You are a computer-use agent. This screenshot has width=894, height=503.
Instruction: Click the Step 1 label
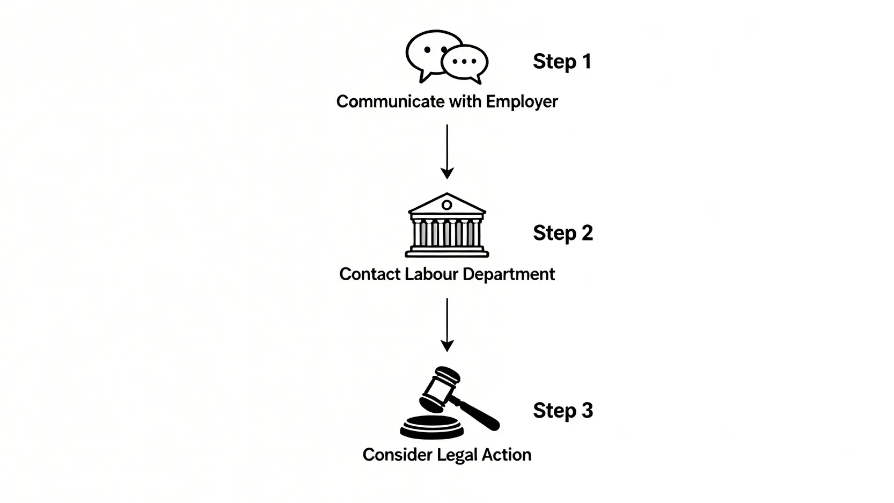click(x=562, y=62)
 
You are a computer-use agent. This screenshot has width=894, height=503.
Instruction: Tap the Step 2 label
click(x=562, y=234)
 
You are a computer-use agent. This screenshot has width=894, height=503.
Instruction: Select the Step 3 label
click(x=562, y=411)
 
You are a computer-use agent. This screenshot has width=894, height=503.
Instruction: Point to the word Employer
click(x=522, y=101)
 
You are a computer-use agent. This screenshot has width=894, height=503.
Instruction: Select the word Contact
click(x=369, y=274)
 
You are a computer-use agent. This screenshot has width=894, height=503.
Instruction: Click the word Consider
click(x=397, y=455)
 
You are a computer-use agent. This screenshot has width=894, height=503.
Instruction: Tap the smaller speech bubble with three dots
click(x=465, y=62)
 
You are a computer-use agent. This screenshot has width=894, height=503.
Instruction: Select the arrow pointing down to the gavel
click(x=447, y=325)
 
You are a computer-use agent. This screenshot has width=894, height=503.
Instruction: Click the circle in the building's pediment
click(x=447, y=205)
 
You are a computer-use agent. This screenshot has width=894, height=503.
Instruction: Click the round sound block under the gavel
click(x=432, y=427)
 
